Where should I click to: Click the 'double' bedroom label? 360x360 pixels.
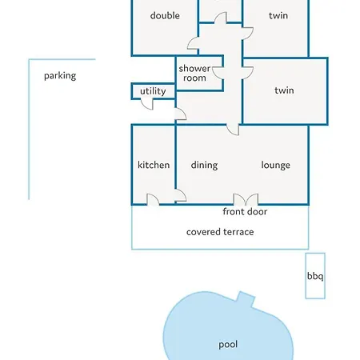click(165, 15)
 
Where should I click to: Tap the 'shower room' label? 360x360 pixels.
click(194, 73)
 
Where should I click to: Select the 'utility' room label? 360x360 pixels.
click(153, 91)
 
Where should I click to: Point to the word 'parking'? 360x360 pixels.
click(60, 76)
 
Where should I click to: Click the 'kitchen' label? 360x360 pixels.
click(154, 165)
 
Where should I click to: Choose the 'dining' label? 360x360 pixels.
click(204, 166)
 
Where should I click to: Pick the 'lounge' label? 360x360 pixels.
click(275, 166)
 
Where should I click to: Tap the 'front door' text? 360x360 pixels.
click(245, 211)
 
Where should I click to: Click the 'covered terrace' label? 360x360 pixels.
click(220, 232)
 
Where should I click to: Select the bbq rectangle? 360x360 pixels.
click(315, 276)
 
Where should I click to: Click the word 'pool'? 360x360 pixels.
click(228, 345)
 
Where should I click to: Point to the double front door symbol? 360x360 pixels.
click(246, 199)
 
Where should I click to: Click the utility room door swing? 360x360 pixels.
click(147, 104)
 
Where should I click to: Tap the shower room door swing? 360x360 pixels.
click(218, 73)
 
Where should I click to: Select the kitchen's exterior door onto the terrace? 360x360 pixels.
click(153, 200)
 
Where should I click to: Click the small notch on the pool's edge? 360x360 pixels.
click(246, 299)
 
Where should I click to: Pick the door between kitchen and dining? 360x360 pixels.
click(181, 195)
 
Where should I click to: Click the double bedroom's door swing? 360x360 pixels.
click(193, 43)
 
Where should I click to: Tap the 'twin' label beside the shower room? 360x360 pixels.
click(284, 90)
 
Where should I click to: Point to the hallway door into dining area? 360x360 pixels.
click(233, 130)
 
